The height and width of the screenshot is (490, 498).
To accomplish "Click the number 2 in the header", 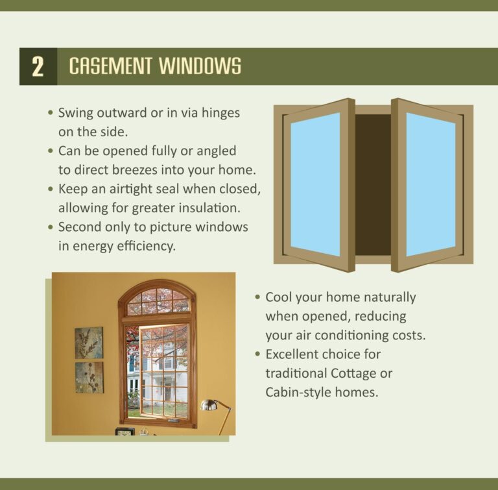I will coord(38,67).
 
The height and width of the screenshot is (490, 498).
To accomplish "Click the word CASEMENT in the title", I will coord(110,66).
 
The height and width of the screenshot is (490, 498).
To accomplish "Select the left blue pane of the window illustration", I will coord(315,184).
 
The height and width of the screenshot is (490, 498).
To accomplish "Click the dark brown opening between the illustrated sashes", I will coord(373,184).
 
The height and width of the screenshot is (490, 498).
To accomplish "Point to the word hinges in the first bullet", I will coord(220,113).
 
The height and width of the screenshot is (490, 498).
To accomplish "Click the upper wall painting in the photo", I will coord(89,343).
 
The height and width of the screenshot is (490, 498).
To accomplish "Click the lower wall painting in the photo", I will coord(89,378).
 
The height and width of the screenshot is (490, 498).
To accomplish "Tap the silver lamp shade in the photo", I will coord(208,406).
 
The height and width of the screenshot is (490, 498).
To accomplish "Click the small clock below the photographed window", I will coord(125,431).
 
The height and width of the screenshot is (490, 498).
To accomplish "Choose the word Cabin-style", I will coord(300,393).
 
